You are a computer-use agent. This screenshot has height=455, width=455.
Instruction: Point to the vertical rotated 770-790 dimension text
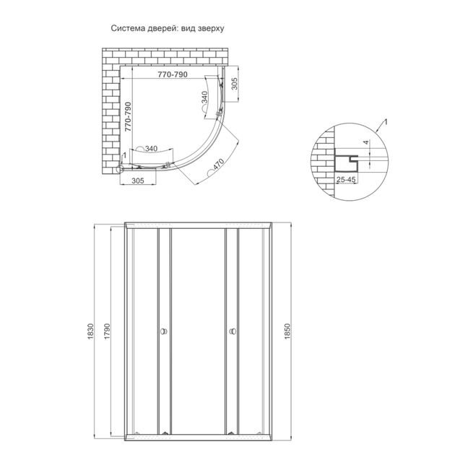pyautogui.click(x=128, y=116)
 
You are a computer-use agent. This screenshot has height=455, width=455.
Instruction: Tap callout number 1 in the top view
pyautogui.click(x=123, y=155)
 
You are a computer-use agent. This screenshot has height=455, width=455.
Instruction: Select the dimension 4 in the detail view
pyautogui.click(x=365, y=143)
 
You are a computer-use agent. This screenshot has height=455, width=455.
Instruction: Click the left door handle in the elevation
pyautogui.click(x=164, y=332)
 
